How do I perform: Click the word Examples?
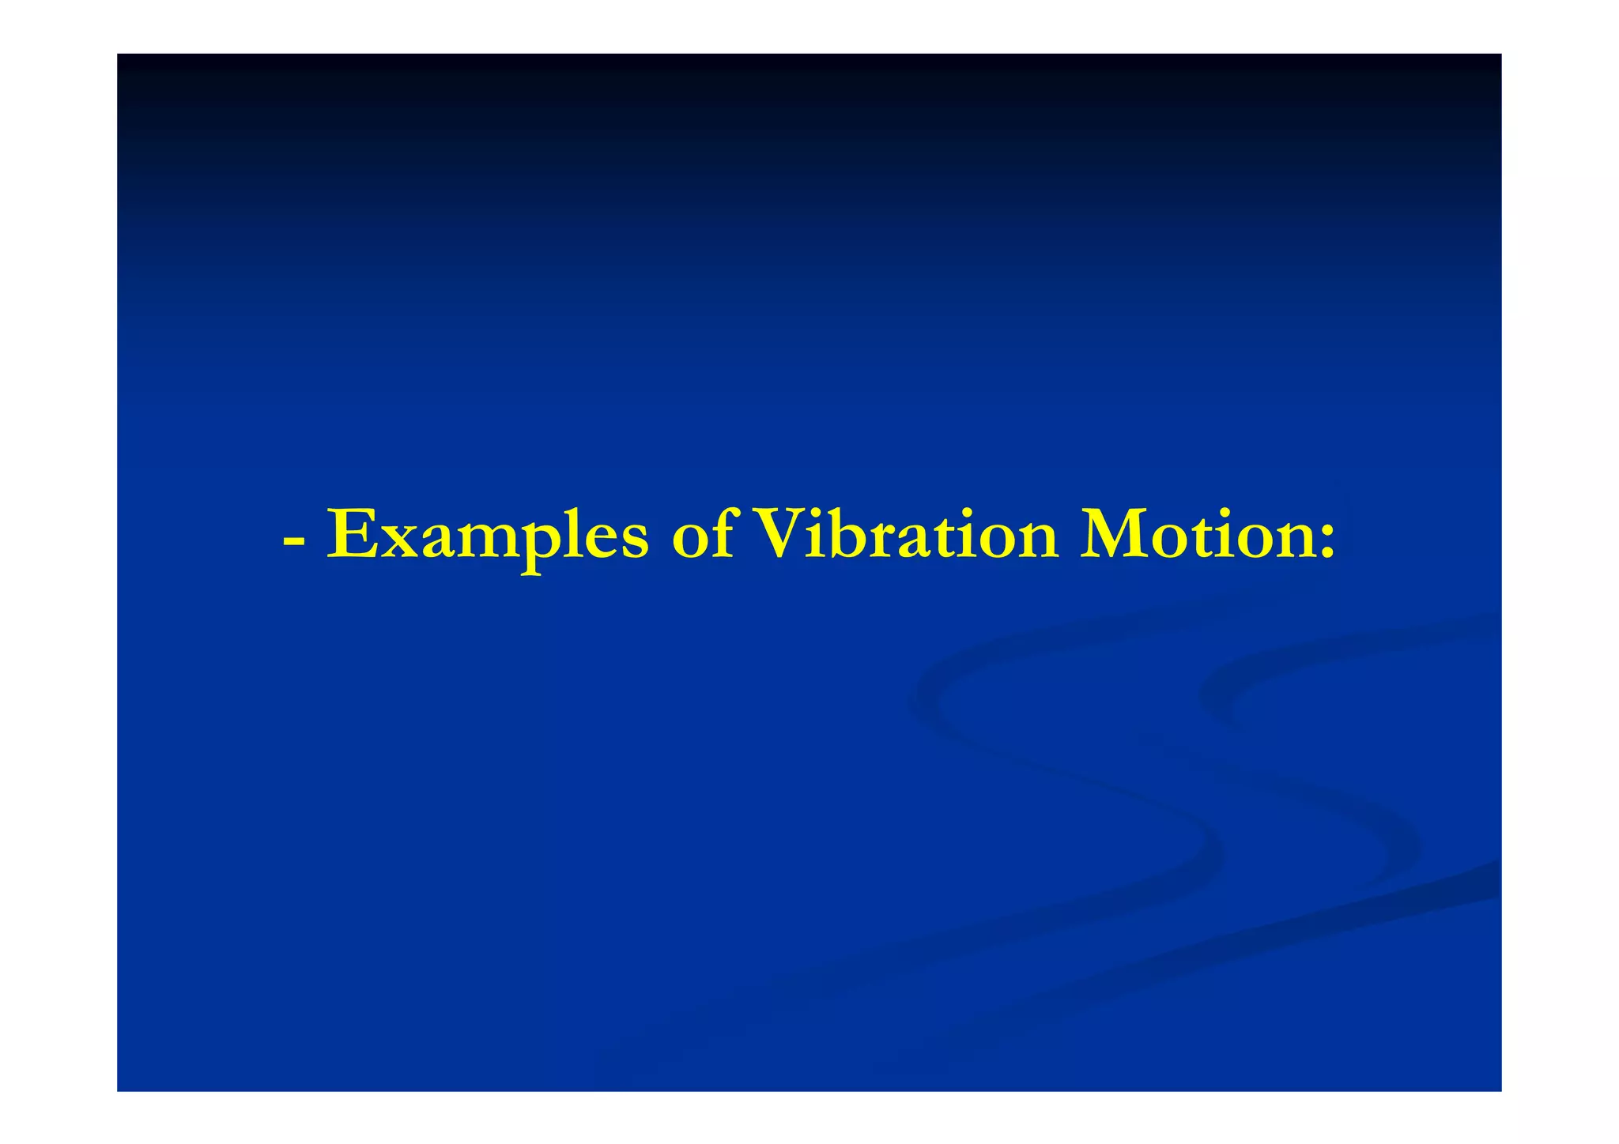[488, 536]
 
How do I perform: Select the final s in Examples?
[632, 540]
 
